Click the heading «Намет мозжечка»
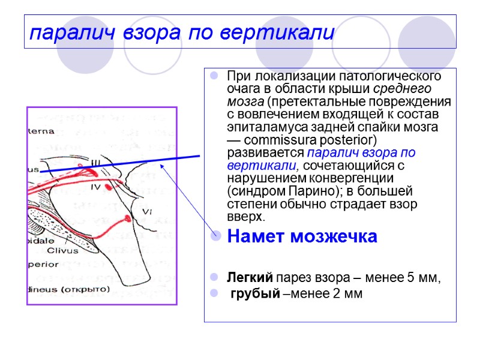[x=302, y=237]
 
